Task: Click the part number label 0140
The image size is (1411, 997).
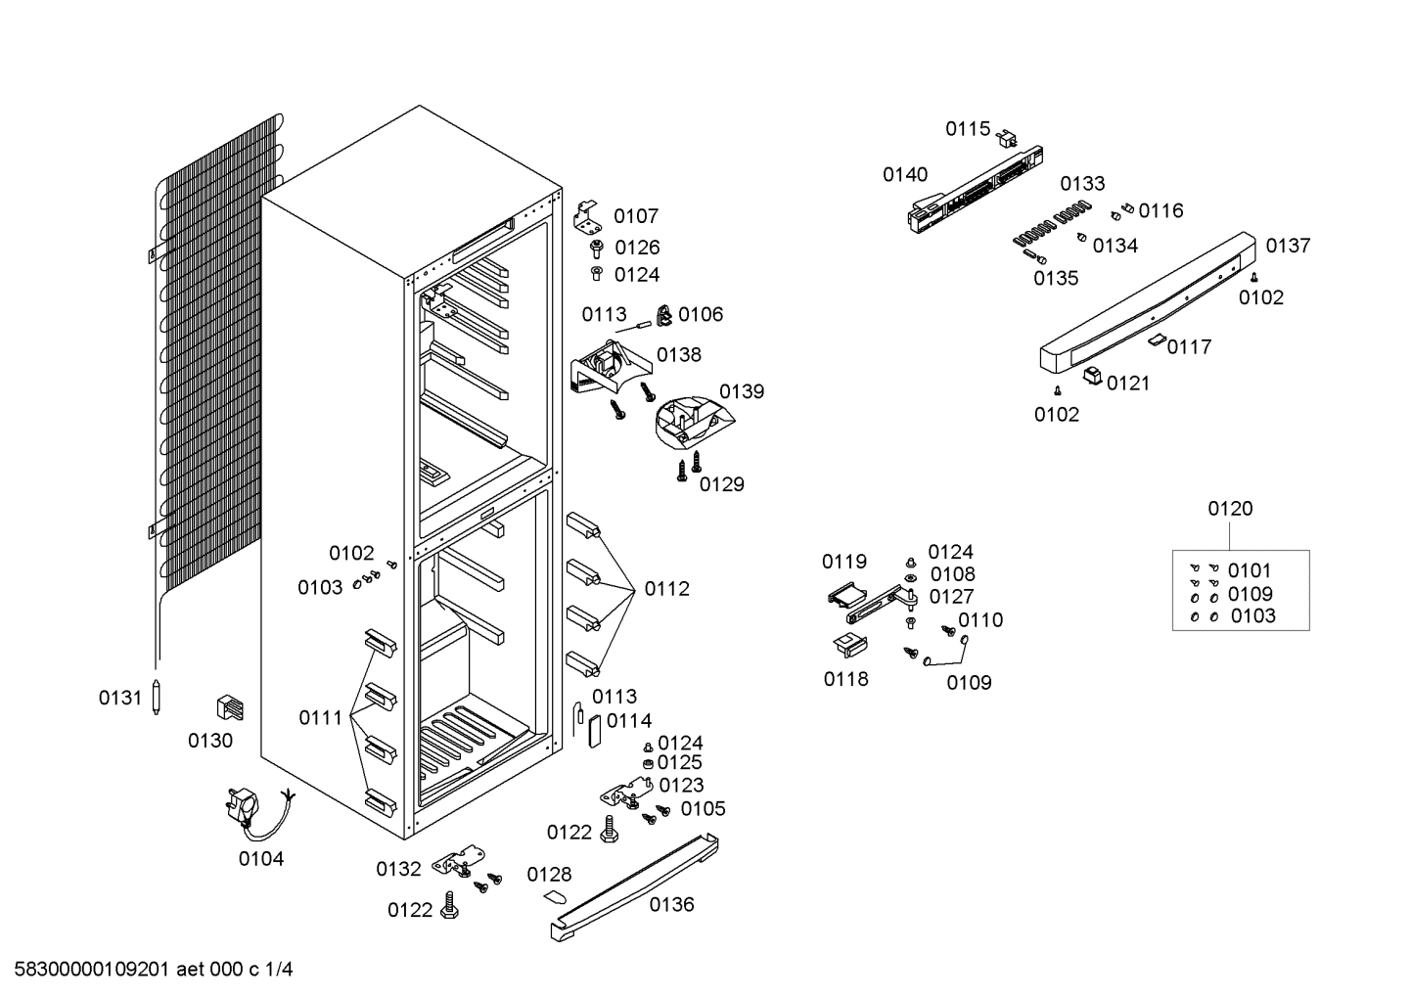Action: point(905,174)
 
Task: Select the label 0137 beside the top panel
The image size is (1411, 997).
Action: point(1288,245)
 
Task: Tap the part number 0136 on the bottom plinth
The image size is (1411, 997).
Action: point(671,904)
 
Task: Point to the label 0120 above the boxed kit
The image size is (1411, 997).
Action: point(1230,508)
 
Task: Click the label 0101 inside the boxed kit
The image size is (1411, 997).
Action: point(1250,570)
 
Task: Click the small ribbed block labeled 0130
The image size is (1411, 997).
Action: point(230,707)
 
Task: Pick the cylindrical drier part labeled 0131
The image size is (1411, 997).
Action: point(157,697)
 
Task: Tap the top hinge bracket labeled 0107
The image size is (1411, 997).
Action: point(587,216)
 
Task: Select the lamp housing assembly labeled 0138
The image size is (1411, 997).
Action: point(610,367)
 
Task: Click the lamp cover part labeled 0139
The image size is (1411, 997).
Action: point(694,422)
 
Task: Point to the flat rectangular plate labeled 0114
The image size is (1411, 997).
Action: point(595,731)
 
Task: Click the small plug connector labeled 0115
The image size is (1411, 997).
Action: point(1007,138)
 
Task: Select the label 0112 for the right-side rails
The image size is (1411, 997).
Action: point(666,589)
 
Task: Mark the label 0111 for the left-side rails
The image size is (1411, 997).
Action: point(320,718)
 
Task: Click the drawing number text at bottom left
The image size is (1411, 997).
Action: point(154,970)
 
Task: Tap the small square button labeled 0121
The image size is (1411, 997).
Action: point(1092,376)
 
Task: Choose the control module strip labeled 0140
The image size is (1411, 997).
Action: point(976,190)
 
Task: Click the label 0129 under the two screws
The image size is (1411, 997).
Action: point(722,484)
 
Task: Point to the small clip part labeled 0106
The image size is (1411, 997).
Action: point(664,315)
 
